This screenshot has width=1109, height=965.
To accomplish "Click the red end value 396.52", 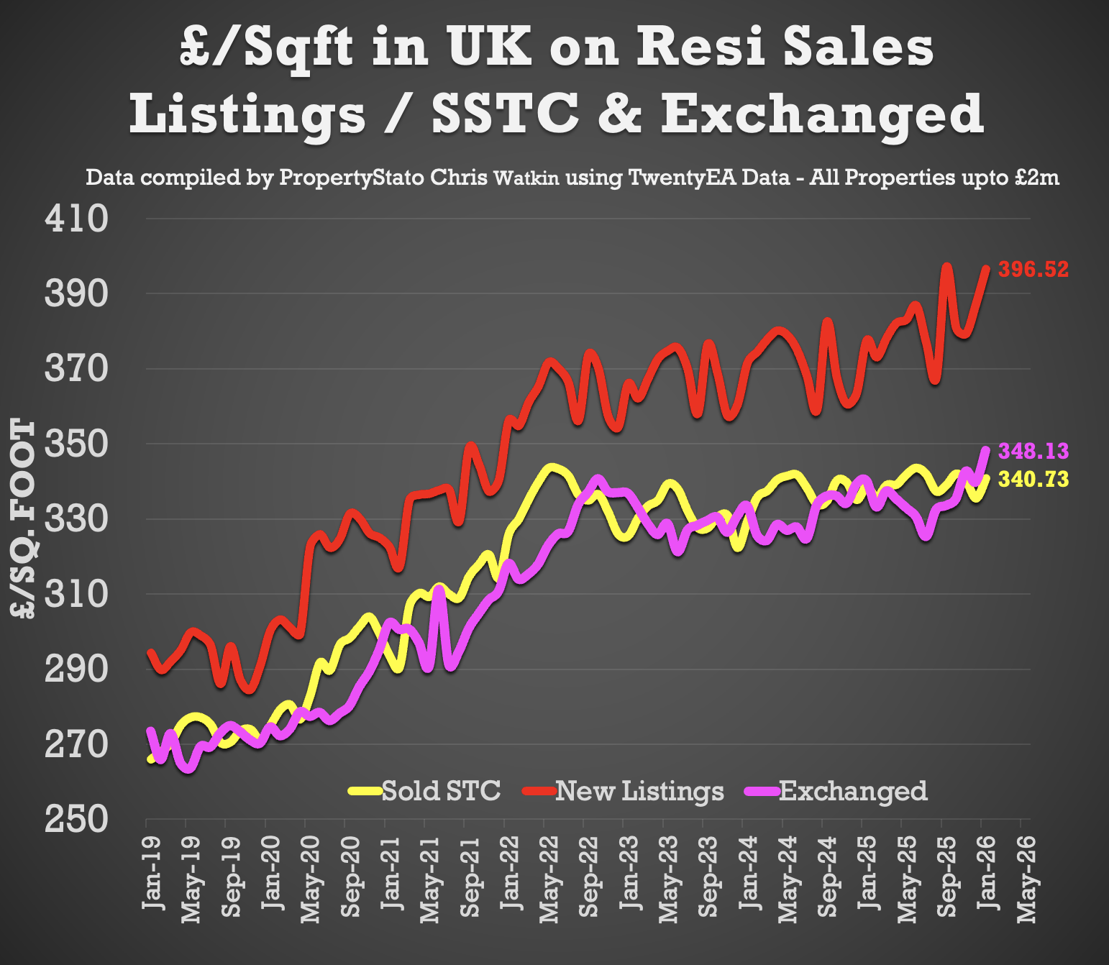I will (1033, 270).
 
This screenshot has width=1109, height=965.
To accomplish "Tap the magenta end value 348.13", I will (1033, 452).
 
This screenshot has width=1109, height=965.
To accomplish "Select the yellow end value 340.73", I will (1033, 480).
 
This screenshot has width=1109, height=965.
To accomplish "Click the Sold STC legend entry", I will (425, 791).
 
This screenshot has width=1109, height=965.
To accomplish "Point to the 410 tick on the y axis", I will (76, 219).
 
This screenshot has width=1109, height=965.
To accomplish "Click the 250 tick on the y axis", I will (76, 819).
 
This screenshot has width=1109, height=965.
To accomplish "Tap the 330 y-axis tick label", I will (76, 519).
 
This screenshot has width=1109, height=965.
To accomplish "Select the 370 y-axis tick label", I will (76, 369).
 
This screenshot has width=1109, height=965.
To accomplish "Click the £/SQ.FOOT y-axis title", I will (23, 519).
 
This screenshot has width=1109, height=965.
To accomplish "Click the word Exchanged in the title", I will (821, 114).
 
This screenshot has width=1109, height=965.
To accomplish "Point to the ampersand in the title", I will (619, 114).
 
